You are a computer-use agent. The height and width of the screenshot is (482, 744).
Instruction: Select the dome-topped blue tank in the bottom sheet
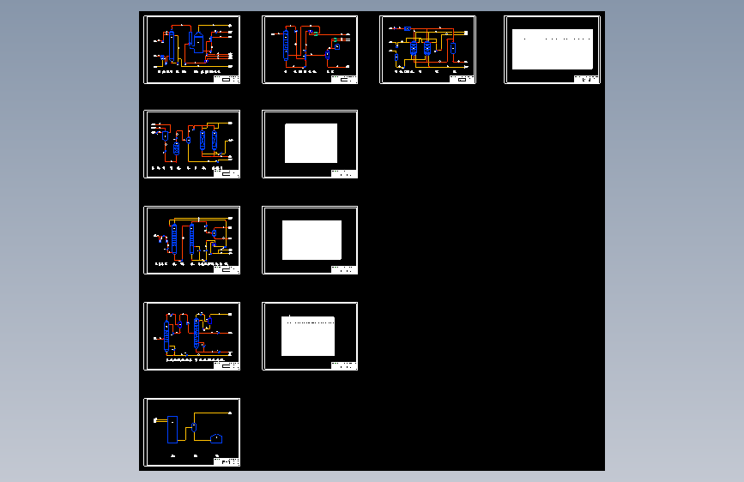coord(216,438)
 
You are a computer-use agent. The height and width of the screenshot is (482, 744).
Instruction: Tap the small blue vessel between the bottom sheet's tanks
coord(196,426)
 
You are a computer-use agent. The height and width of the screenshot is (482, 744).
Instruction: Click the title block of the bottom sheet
coord(228,461)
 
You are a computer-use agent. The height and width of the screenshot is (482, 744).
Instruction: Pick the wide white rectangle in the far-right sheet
coord(552,49)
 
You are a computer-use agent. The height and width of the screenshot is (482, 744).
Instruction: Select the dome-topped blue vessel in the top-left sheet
coord(199,43)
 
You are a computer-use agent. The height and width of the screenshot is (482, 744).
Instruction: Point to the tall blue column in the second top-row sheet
coord(287,44)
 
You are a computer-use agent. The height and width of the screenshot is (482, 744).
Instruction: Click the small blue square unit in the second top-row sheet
coord(336,48)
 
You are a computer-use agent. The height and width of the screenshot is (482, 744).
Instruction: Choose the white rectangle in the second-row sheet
coord(311,143)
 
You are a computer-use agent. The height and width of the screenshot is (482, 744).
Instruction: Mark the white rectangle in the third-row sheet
coord(312,240)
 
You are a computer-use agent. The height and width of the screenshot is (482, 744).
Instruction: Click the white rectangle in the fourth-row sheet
coord(307,336)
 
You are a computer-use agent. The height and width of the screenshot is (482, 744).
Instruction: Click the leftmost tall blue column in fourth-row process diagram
coord(169,333)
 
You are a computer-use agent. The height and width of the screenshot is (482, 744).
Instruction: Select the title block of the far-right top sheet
coord(587,79)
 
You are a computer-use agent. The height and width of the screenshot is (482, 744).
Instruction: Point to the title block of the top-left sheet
coord(228,79)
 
